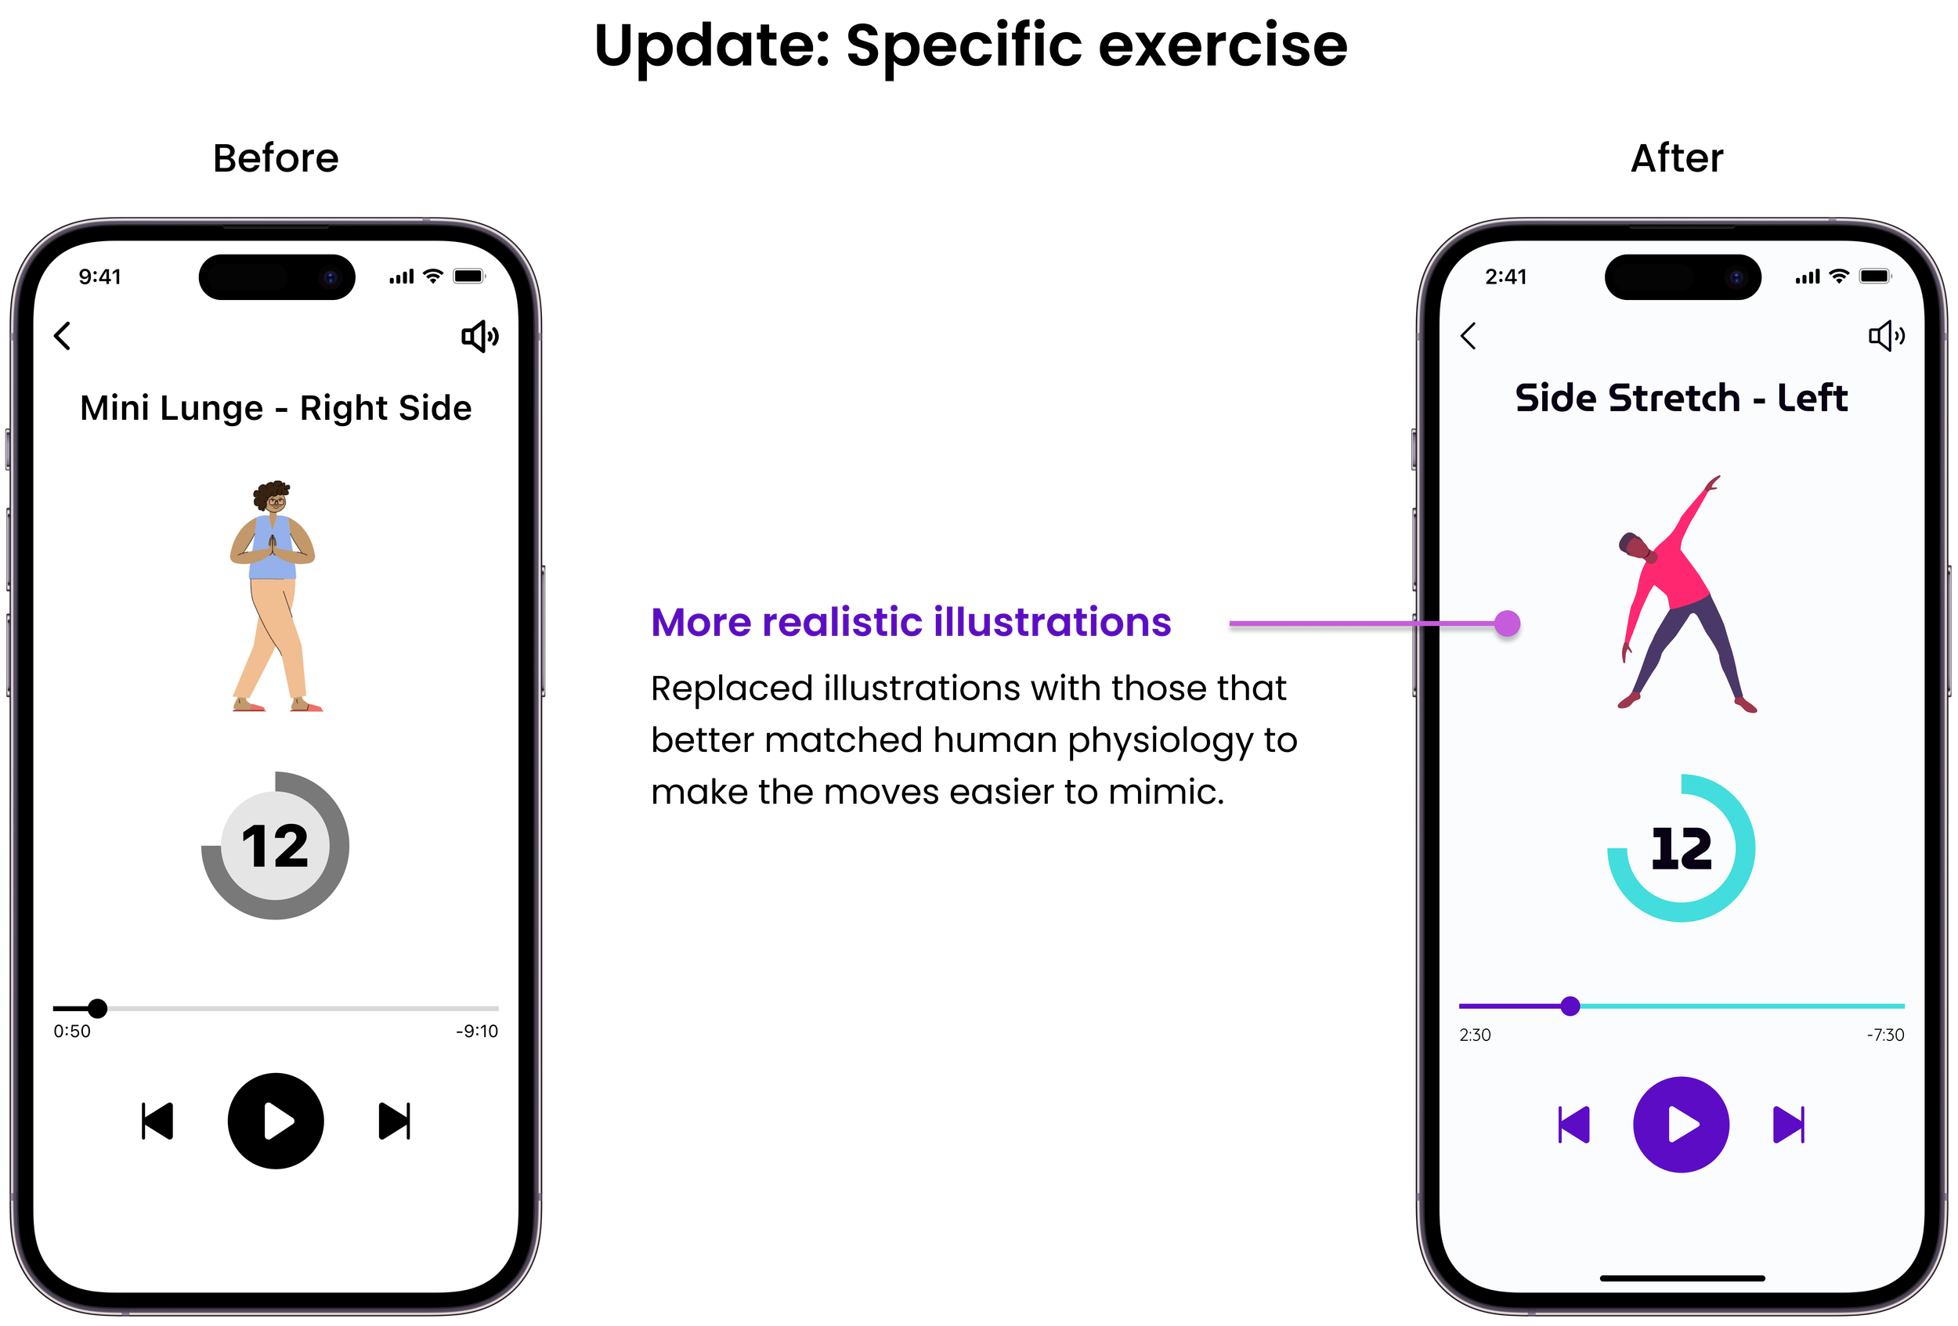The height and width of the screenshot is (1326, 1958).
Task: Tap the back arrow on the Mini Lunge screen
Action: [63, 335]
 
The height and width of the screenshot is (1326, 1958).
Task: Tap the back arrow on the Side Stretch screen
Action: [1468, 335]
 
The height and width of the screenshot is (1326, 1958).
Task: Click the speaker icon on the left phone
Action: [479, 336]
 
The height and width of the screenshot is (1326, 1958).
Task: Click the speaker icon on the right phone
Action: [1885, 336]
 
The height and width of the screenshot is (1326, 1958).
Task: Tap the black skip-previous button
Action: [157, 1122]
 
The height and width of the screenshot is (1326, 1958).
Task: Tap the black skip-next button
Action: [394, 1122]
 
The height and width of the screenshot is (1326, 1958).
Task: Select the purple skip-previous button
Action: [1573, 1125]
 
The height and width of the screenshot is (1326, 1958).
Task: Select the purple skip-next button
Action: [1789, 1125]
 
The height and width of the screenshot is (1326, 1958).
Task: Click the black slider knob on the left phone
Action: [98, 1007]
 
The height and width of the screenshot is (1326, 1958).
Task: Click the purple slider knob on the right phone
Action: [1570, 1006]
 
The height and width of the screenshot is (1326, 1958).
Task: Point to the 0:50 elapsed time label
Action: [71, 1032]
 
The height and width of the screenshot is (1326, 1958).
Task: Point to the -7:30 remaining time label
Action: [1884, 1035]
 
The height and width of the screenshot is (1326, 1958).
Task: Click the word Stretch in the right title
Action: [1675, 399]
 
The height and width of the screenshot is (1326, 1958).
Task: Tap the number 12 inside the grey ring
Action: [275, 846]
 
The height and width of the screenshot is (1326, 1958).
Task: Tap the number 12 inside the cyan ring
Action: [1681, 848]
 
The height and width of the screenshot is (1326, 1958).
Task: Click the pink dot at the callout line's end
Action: [1507, 623]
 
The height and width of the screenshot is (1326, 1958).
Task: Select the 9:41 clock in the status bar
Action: [99, 276]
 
